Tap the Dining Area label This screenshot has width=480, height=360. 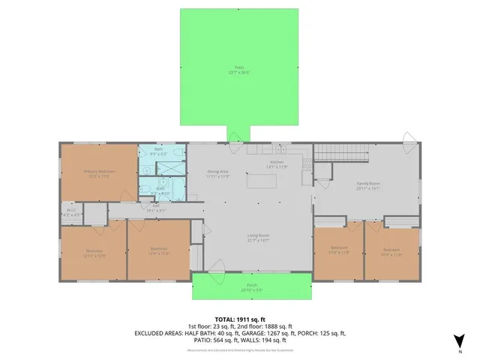[x=217, y=173]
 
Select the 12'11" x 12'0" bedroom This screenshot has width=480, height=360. [x=94, y=252]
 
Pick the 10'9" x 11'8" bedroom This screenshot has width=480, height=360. [x=391, y=251]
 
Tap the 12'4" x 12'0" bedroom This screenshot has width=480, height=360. [x=158, y=250]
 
